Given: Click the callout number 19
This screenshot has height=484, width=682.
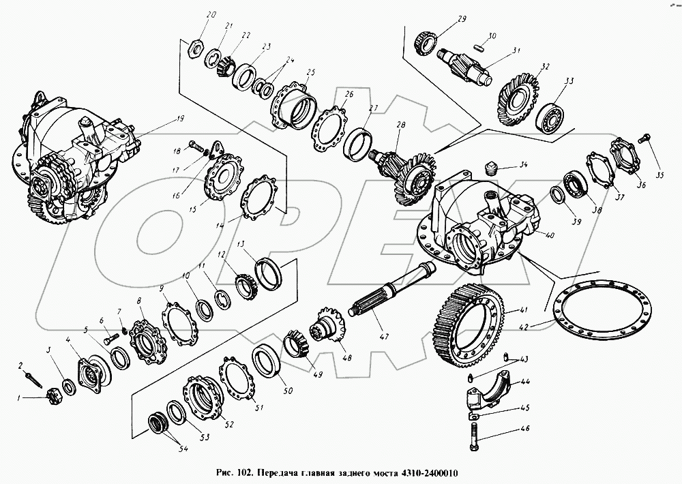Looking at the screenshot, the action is [181, 119].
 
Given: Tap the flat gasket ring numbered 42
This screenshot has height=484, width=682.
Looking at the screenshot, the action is [602, 309].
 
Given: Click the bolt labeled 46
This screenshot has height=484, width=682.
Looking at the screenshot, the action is [474, 436].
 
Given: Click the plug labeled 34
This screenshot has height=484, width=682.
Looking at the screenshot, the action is [491, 168].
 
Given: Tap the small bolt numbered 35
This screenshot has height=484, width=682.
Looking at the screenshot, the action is [644, 138].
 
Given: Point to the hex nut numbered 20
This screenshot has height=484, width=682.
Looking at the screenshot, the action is [196, 48].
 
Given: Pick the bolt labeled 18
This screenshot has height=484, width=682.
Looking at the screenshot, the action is [196, 145].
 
